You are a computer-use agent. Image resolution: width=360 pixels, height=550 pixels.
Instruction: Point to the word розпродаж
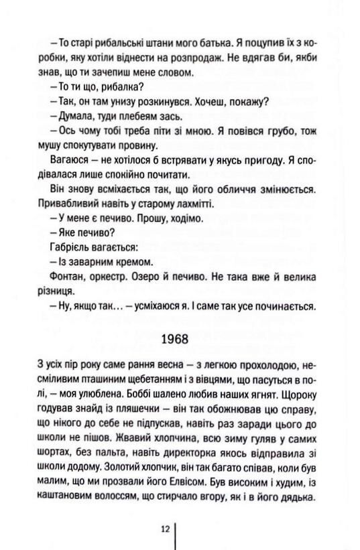200,58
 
